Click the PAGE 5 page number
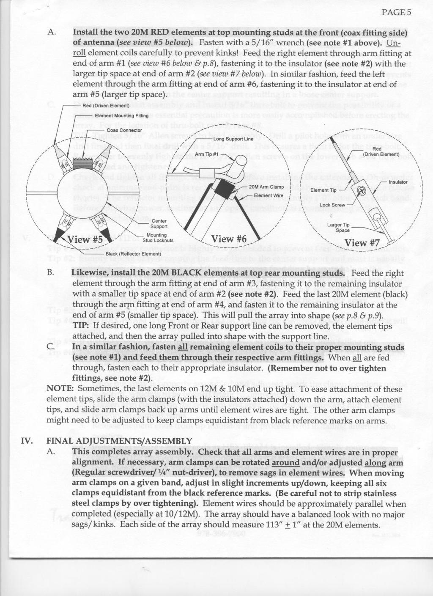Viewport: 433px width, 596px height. point(396,12)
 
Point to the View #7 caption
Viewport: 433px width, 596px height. point(362,243)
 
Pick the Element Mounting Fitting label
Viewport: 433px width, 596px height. point(121,115)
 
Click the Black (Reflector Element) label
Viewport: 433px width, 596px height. point(133,254)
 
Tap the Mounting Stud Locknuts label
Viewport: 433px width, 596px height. point(157,238)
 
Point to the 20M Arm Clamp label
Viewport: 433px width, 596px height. point(266,187)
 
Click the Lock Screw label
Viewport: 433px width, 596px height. point(333,205)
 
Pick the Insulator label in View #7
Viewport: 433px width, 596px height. point(398,182)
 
